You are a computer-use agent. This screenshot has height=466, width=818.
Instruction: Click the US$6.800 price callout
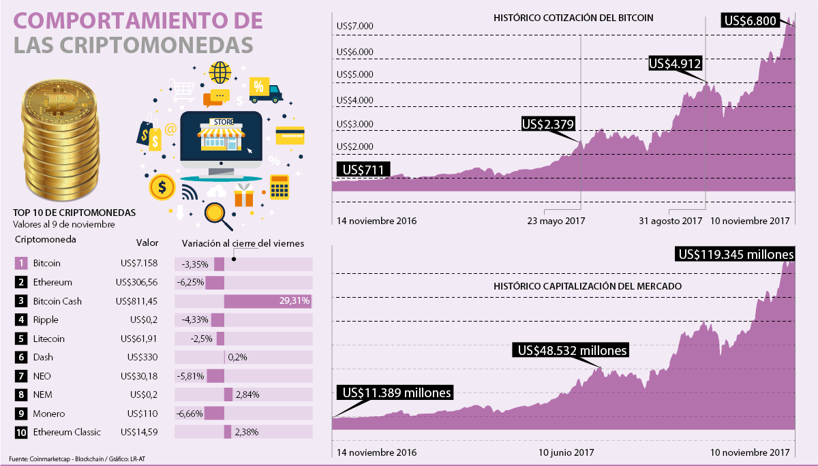pos(751,20)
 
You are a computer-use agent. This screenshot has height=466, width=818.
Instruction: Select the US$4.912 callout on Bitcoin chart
pos(676,63)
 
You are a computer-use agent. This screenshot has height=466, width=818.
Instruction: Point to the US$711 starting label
pos(361,169)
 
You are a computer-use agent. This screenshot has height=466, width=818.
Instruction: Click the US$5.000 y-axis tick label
pos(354,74)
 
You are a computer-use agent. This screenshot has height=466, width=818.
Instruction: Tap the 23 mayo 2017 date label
pos(556,221)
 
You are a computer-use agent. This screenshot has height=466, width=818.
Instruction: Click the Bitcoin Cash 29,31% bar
pos(268,300)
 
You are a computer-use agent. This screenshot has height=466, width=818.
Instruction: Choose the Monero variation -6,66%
pos(189,414)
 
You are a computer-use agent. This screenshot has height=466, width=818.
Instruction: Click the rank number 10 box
pos(20,432)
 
